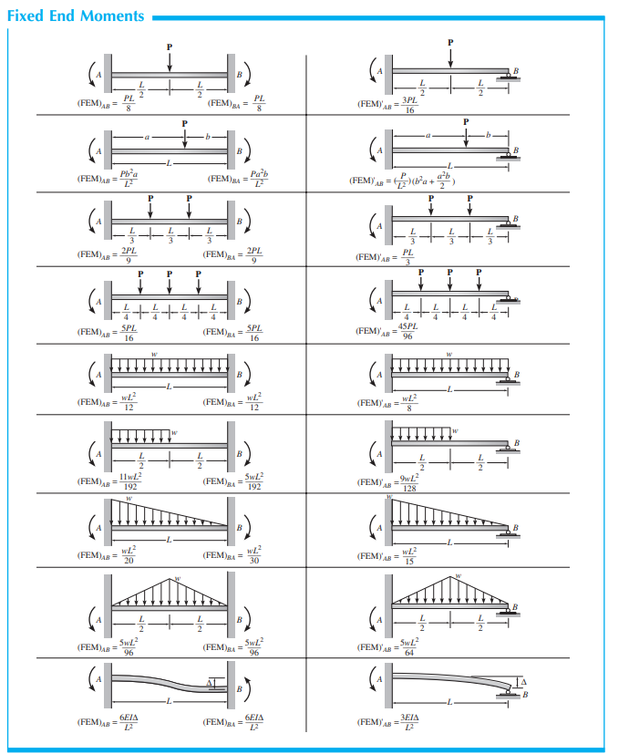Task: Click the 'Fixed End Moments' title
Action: point(76,15)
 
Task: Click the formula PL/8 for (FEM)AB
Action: point(129,104)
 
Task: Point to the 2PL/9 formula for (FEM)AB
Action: point(129,256)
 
